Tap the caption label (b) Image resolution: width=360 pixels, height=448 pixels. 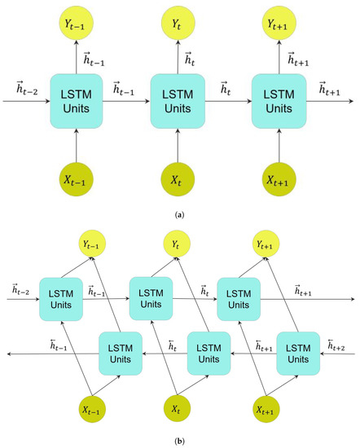[x=179, y=441]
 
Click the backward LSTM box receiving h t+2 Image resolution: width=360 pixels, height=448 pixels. [x=298, y=353]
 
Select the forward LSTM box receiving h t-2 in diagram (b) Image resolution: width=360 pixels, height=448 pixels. [x=62, y=298]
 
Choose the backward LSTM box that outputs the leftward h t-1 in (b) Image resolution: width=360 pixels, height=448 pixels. [x=121, y=353]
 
